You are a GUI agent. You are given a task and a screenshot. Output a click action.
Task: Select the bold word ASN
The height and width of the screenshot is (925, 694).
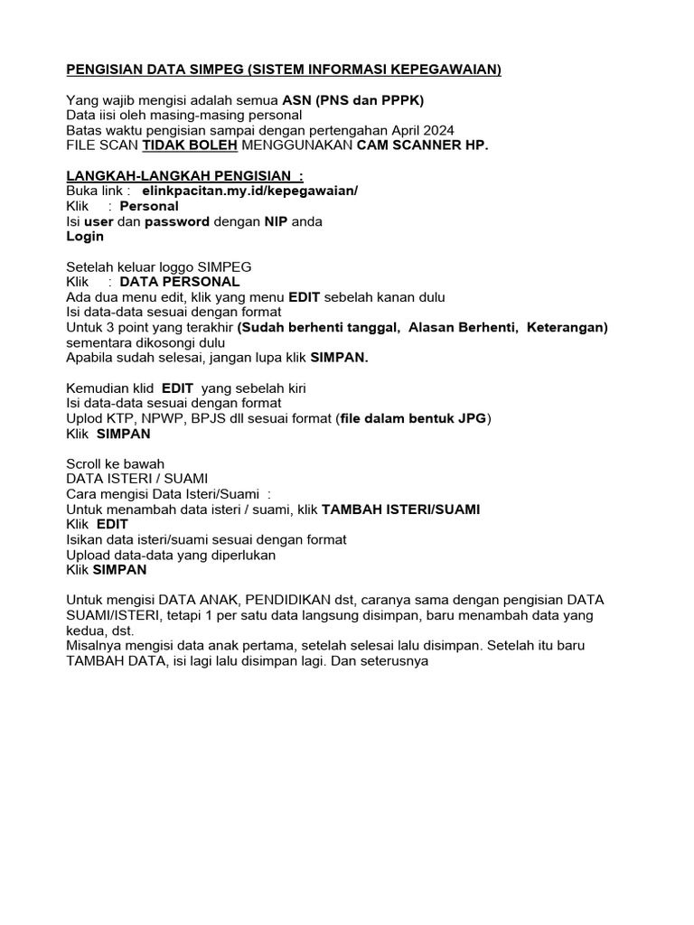(x=297, y=100)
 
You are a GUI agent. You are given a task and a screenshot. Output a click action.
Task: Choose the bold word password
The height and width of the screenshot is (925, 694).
(x=177, y=221)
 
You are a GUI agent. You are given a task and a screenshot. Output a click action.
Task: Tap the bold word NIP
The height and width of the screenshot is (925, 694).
(x=263, y=221)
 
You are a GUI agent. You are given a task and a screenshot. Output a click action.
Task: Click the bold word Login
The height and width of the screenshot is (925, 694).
(x=85, y=237)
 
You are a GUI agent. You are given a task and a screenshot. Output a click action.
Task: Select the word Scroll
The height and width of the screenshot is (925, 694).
(x=88, y=463)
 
